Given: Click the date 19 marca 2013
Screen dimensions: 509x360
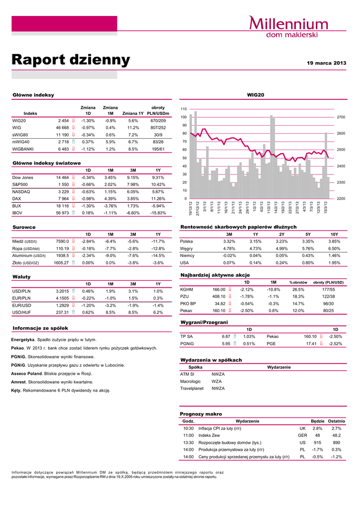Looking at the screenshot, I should point(326,63).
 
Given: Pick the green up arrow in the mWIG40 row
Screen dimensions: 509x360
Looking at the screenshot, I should point(73,142).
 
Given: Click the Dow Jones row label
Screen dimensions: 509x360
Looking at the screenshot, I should point(22,177).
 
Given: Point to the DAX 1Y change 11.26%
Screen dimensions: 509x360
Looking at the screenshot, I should point(158,198).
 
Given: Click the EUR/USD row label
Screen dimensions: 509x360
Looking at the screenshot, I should point(22,305).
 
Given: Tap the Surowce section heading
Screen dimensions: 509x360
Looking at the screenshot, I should point(24,227).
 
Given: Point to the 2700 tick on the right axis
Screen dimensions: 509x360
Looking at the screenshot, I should point(342,117).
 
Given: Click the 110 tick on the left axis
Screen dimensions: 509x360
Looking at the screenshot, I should point(183,108).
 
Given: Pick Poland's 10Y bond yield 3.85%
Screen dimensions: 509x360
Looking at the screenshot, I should point(334,241).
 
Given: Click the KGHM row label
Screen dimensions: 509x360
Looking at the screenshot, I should point(186,289).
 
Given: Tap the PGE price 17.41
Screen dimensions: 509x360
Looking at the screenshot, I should point(311,343).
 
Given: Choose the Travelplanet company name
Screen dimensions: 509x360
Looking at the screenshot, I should point(192,388).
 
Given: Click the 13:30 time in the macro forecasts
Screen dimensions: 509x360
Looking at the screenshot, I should point(188,442).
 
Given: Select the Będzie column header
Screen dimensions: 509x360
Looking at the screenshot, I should point(317,421).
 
